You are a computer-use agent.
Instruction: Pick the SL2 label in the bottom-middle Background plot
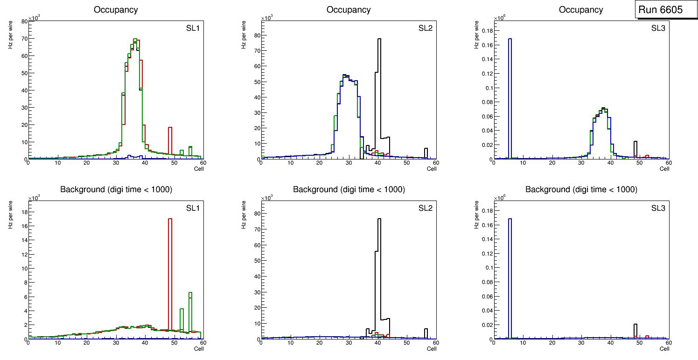[426, 208]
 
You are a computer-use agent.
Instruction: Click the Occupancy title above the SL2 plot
[349, 10]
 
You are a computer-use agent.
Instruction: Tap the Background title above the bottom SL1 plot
[116, 189]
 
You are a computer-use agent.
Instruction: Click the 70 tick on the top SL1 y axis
[24, 39]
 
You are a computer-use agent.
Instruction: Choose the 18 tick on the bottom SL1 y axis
[24, 212]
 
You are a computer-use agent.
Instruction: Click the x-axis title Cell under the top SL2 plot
[432, 169]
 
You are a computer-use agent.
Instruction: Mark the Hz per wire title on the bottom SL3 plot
[476, 215]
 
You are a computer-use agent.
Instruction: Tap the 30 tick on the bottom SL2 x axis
[348, 343]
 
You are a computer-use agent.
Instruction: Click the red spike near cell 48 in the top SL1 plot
[170, 140]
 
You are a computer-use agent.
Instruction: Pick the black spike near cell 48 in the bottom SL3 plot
[635, 330]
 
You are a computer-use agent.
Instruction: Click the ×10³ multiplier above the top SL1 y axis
[34, 18]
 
